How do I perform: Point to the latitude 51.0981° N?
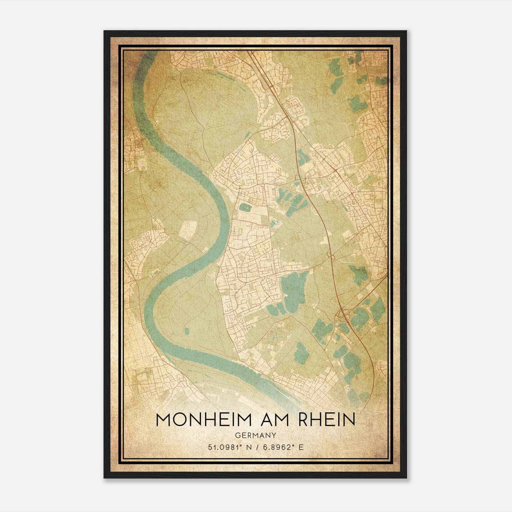(x=228, y=447)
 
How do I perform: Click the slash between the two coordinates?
(x=256, y=447)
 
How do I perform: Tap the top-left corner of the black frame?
(x=105, y=31)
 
